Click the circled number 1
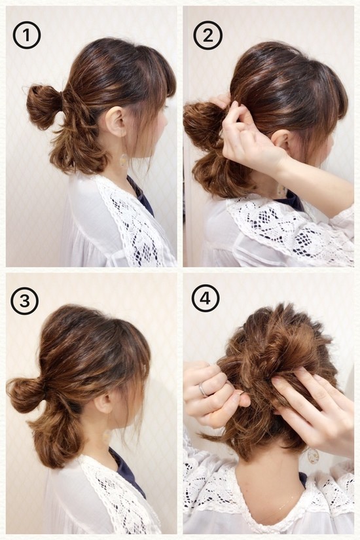tap(27, 35)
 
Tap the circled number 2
tap(207, 35)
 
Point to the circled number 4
tap(206, 298)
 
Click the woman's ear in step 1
tap(116, 120)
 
